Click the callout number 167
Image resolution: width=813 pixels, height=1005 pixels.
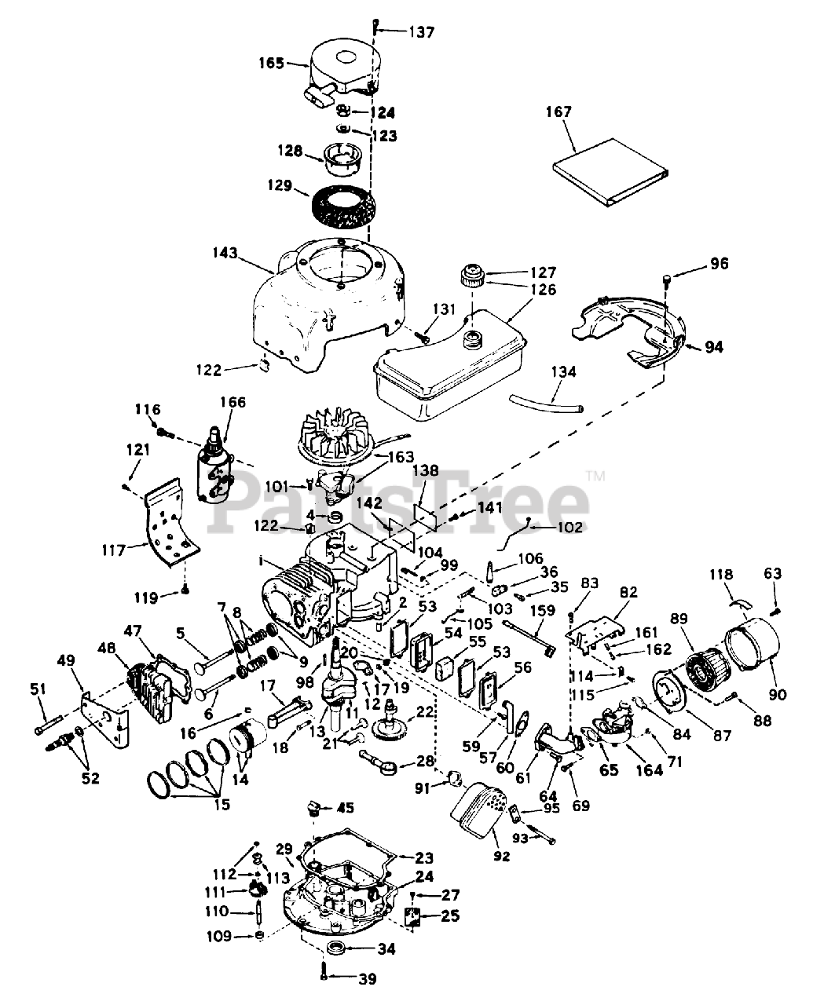(x=559, y=111)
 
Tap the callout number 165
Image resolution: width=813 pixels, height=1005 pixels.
(x=272, y=63)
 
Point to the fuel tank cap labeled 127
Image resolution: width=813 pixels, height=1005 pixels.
(x=474, y=275)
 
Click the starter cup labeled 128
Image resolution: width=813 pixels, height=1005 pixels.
(x=342, y=159)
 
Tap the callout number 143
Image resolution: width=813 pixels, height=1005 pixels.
(x=225, y=253)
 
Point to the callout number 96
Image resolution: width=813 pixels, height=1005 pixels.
(x=719, y=263)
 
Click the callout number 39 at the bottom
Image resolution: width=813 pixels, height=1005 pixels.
(x=368, y=978)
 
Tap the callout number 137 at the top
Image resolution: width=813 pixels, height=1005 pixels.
(x=421, y=32)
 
